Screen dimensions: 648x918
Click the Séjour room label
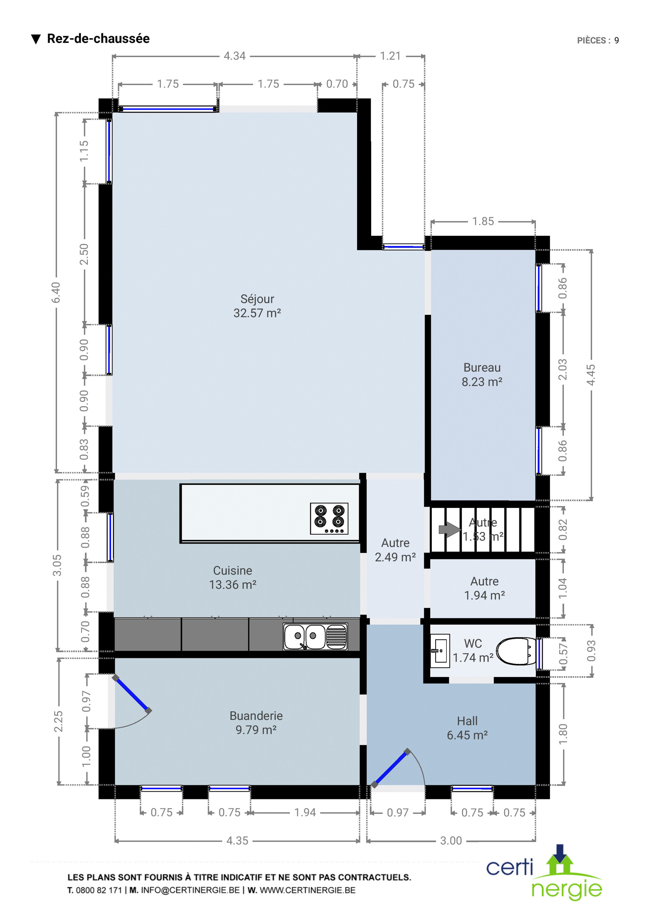point(257,306)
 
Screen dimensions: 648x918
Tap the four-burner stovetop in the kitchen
point(329,518)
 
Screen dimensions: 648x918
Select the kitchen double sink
point(316,637)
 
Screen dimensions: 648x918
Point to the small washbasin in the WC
point(440,651)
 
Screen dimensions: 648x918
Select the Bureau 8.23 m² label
point(482,374)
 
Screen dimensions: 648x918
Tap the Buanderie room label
point(256,722)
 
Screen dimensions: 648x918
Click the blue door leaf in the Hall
point(391,768)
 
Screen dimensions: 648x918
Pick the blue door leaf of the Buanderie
point(132,694)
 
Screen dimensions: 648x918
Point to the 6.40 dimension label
point(56,292)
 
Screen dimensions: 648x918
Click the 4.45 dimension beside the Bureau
point(591,375)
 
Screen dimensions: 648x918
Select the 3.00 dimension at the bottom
point(451,841)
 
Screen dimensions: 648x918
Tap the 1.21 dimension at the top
point(390,56)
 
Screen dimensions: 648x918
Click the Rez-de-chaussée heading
point(98,39)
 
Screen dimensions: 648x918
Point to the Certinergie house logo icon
point(561,859)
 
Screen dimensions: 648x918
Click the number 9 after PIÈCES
point(616,40)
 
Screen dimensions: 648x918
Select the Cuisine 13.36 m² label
point(233,578)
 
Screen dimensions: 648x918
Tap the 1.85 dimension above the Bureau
point(483,221)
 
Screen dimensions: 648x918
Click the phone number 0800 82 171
point(99,890)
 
